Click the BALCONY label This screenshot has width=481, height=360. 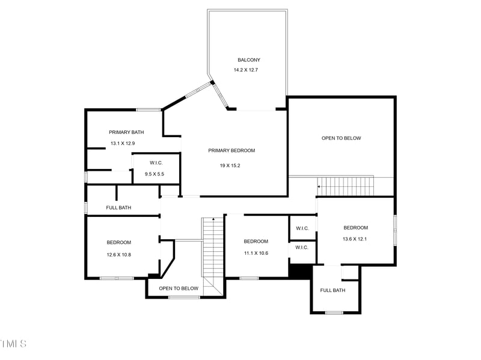(249, 60)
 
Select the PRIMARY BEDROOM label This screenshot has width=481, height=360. (231, 150)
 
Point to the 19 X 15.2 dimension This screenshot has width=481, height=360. (231, 166)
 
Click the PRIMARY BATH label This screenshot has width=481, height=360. (126, 132)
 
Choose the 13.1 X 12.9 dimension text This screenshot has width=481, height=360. (123, 144)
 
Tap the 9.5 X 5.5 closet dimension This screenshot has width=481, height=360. (155, 174)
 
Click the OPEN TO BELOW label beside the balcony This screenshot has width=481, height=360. (341, 138)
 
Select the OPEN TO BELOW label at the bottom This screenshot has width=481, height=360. (179, 288)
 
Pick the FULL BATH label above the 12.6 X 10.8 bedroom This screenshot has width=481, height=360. (118, 208)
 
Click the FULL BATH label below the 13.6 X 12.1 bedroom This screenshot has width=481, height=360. (332, 290)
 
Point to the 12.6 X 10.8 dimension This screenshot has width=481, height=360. (118, 255)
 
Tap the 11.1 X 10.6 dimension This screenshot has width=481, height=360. (256, 253)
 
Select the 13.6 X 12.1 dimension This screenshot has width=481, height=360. (355, 239)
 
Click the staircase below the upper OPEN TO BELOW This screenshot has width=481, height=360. (345, 186)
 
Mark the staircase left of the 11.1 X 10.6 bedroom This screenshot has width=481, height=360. (212, 252)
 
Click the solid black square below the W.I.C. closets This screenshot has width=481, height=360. (299, 271)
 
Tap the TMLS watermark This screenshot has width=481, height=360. (13, 344)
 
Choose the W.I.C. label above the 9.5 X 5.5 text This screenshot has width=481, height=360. (155, 162)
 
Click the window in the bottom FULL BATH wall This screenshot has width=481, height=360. (334, 313)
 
